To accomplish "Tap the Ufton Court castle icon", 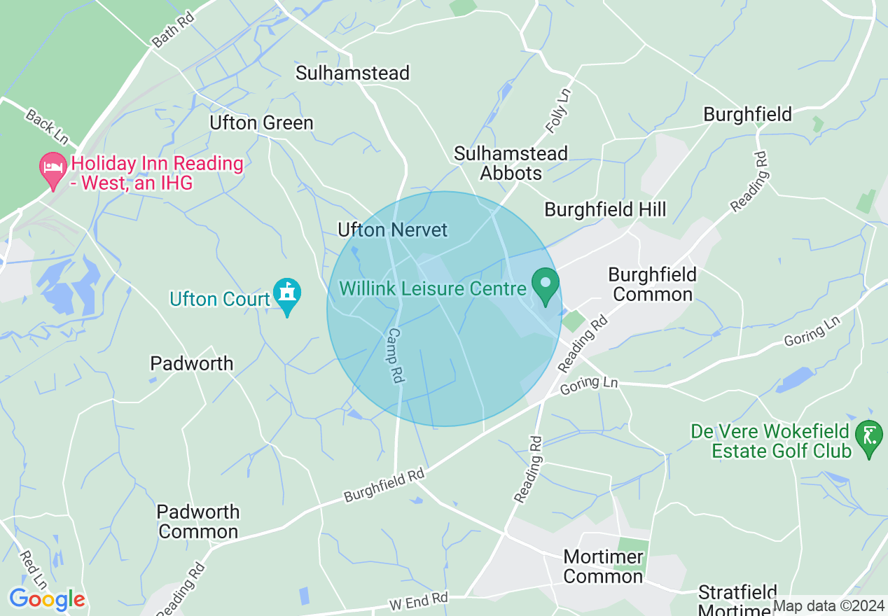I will [286, 295].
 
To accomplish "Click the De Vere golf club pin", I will [869, 438].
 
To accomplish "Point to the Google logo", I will [47, 599].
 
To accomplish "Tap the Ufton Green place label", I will [261, 122].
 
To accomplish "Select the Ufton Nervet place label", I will [392, 230].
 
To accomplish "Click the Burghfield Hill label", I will [605, 209].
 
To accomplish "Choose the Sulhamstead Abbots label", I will [511, 163].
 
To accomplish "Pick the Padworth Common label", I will [198, 521].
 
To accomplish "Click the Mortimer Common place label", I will [603, 566].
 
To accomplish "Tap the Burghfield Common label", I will [652, 283].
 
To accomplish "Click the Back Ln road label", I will [46, 127].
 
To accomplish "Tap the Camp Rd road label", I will [395, 356].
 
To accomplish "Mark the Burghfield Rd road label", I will [384, 484].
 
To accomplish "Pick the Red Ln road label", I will [33, 569].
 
